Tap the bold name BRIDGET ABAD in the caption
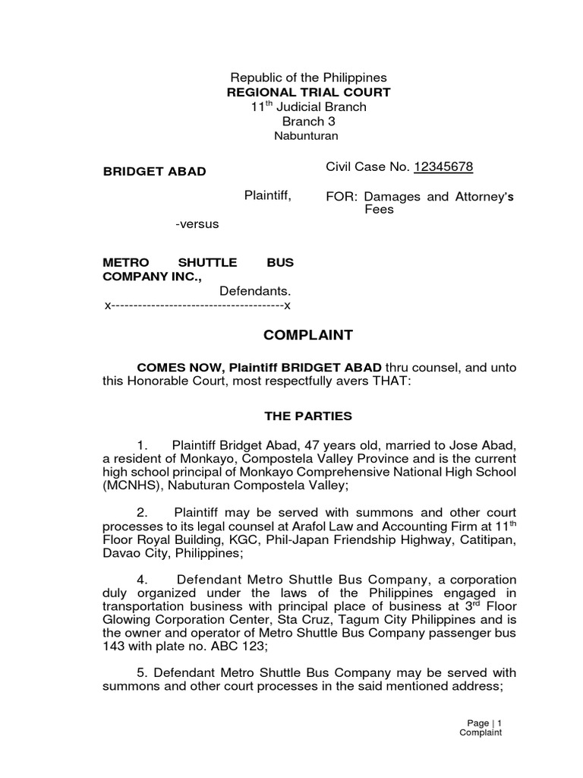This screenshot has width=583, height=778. [154, 171]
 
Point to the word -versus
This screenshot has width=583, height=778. [197, 224]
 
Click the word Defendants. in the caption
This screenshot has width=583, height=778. [256, 291]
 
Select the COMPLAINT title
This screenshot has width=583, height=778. [308, 335]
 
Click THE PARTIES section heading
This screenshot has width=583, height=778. [307, 416]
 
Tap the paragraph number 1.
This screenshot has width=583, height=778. [152, 445]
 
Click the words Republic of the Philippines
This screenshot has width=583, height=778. [309, 77]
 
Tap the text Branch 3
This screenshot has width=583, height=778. [309, 122]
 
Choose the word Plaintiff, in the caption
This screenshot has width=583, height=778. [267, 196]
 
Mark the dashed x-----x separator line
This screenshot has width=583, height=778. [197, 305]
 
